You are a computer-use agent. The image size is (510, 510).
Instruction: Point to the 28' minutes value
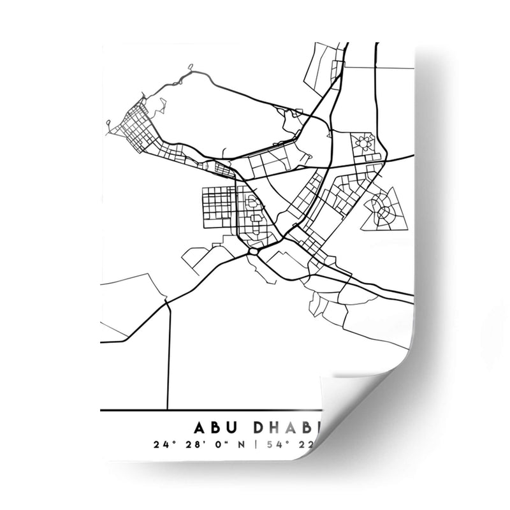191,444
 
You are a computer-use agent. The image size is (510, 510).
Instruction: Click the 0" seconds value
218,444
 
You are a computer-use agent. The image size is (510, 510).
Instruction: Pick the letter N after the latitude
239,444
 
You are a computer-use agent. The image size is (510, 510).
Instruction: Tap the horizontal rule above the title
210,410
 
